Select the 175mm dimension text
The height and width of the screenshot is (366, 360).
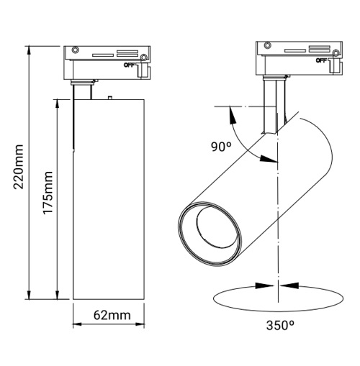coord(48,197)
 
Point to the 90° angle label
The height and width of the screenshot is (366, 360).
coord(221,147)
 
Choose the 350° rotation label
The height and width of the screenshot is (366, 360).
coord(279,325)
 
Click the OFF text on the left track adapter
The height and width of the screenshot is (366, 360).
coord(129,64)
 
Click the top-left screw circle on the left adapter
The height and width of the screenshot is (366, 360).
coord(73,51)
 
